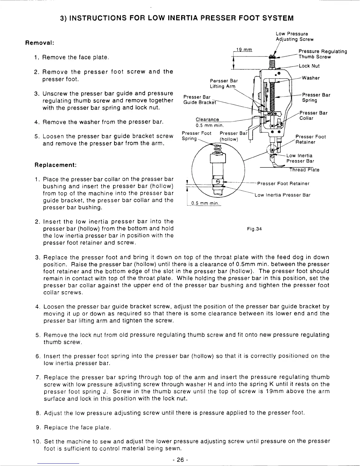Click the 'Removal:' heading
[x=40, y=43]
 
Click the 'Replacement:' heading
[x=56, y=165]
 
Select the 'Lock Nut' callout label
[x=309, y=66]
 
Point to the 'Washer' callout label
[x=311, y=78]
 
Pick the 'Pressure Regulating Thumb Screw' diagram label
[x=322, y=54]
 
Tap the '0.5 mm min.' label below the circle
[x=204, y=203]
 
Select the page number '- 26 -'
[x=180, y=460]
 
